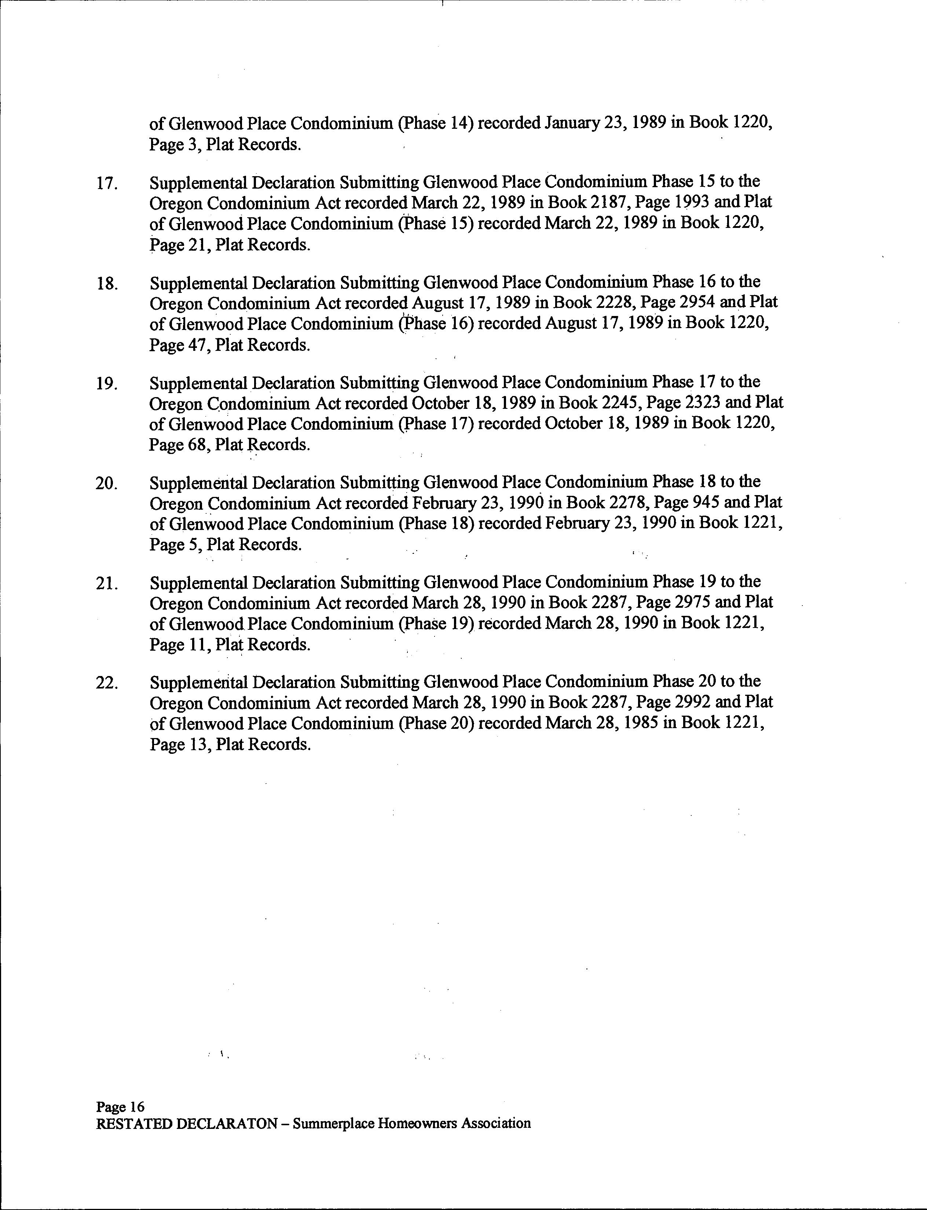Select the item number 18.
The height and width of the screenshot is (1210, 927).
tap(106, 284)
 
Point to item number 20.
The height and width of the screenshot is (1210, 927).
tap(106, 484)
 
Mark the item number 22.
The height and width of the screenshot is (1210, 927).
tap(106, 683)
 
